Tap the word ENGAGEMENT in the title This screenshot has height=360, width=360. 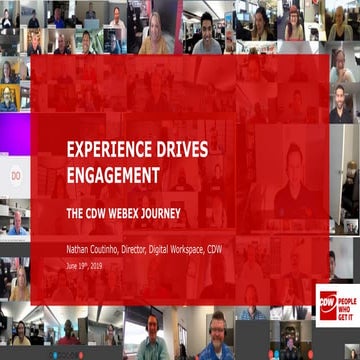113,175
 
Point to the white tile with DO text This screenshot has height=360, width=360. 15,175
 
